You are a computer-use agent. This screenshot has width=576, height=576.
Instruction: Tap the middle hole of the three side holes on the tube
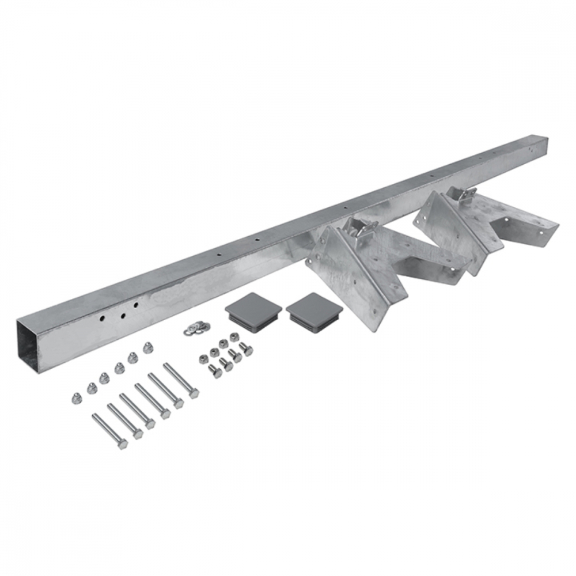click(x=123, y=314)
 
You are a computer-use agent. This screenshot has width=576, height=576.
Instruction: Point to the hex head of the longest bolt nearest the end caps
click(x=194, y=393)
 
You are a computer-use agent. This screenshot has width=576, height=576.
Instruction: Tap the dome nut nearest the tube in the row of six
click(x=148, y=347)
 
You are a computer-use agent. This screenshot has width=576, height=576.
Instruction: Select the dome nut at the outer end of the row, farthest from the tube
click(x=75, y=397)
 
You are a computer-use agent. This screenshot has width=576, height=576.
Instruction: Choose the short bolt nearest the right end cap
click(x=245, y=348)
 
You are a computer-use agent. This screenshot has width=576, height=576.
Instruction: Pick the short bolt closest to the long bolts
click(x=214, y=371)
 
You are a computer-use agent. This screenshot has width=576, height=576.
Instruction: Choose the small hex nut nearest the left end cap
click(x=234, y=337)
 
